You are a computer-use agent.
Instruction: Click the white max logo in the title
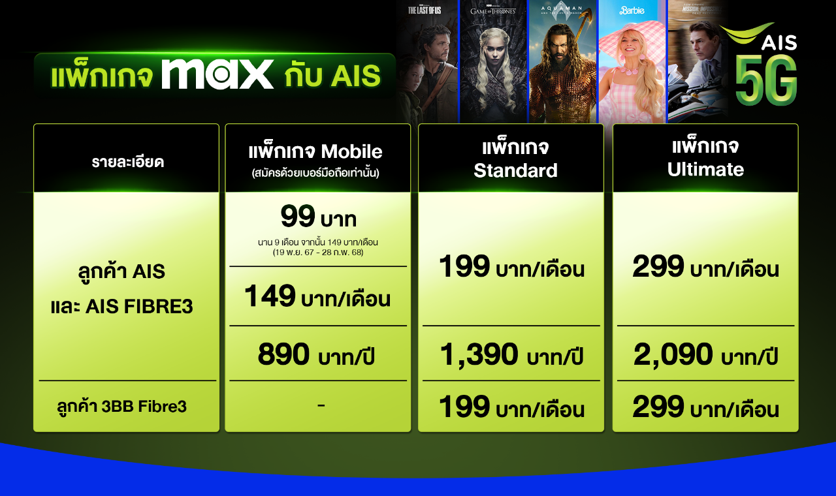click(x=217, y=74)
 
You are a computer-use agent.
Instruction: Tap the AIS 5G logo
click(x=762, y=64)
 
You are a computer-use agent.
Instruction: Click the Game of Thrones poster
click(x=493, y=61)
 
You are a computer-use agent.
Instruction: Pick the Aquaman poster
click(x=562, y=61)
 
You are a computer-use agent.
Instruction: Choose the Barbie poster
click(x=632, y=61)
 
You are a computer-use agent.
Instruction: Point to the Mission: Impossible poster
click(x=696, y=61)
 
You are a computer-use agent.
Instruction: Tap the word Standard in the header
click(x=515, y=170)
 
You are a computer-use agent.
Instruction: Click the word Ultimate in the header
click(x=705, y=169)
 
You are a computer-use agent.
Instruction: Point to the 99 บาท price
click(x=318, y=216)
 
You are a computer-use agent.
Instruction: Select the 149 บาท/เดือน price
click(x=317, y=296)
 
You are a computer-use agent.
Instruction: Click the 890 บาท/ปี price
click(x=315, y=354)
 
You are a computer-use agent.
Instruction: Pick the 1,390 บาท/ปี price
click(x=511, y=354)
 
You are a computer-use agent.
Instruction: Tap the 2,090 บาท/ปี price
click(x=705, y=354)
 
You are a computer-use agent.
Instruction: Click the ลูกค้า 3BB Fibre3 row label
click(x=121, y=407)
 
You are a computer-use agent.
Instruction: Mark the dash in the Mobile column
click(x=321, y=405)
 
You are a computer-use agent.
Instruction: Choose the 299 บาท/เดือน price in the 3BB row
click(x=705, y=407)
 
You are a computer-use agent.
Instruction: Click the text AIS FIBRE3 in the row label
click(x=139, y=307)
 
